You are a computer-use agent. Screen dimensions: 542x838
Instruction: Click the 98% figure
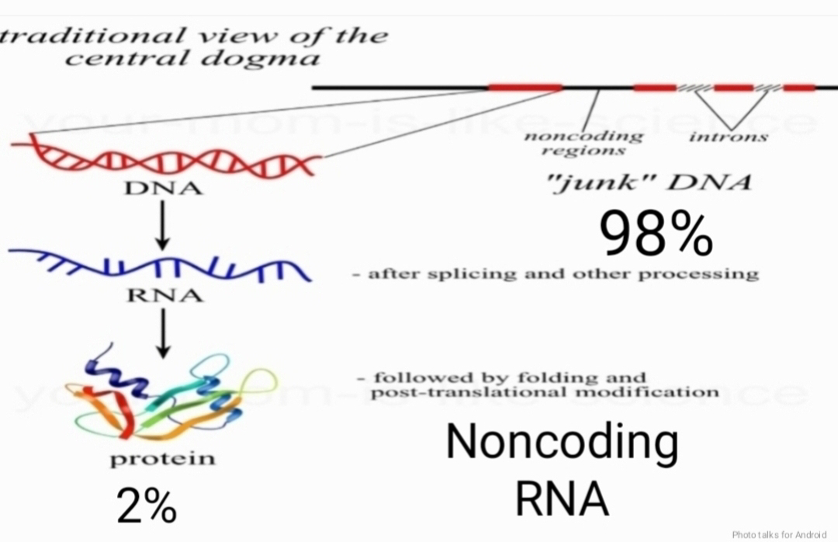coord(654,235)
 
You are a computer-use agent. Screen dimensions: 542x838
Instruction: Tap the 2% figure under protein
coord(147,506)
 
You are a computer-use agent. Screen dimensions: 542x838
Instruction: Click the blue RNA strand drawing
coord(159,266)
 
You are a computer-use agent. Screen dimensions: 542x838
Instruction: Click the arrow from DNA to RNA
coord(162,225)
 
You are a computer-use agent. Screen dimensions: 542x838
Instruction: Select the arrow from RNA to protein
coord(162,334)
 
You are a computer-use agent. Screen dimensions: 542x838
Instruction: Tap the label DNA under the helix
coord(164,189)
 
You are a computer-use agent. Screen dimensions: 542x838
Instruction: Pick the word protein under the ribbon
coord(162,458)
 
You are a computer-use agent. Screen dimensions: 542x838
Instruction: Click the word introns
coord(729,137)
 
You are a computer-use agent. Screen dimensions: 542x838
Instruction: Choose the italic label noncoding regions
coord(583,143)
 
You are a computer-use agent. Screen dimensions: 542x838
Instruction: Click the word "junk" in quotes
coord(601,183)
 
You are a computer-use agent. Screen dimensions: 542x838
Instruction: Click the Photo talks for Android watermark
coord(779,534)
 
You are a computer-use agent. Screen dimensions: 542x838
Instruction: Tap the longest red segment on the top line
coord(525,87)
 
